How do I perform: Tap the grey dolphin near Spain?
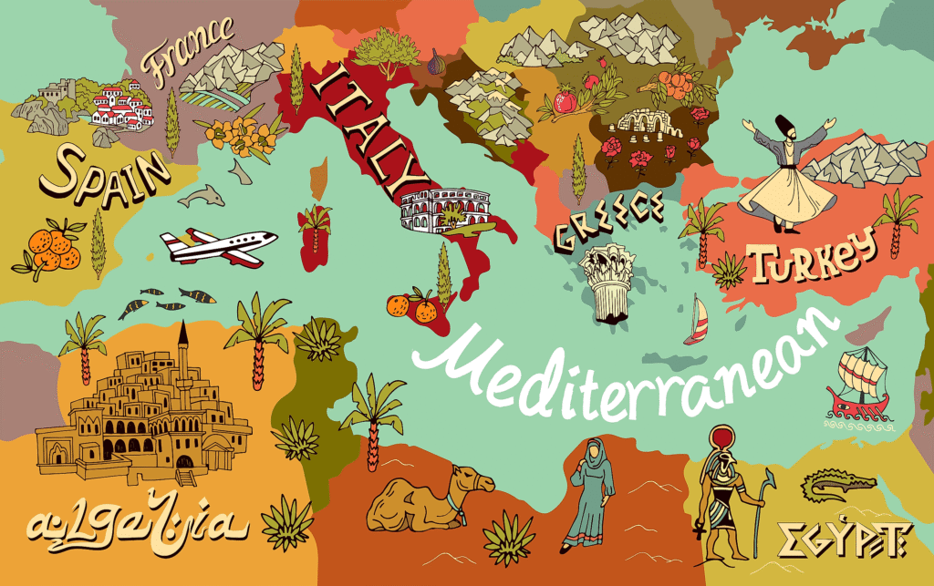tap(201, 195)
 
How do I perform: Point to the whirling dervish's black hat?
tap(782, 125)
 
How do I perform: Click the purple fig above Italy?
tap(436, 66)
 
